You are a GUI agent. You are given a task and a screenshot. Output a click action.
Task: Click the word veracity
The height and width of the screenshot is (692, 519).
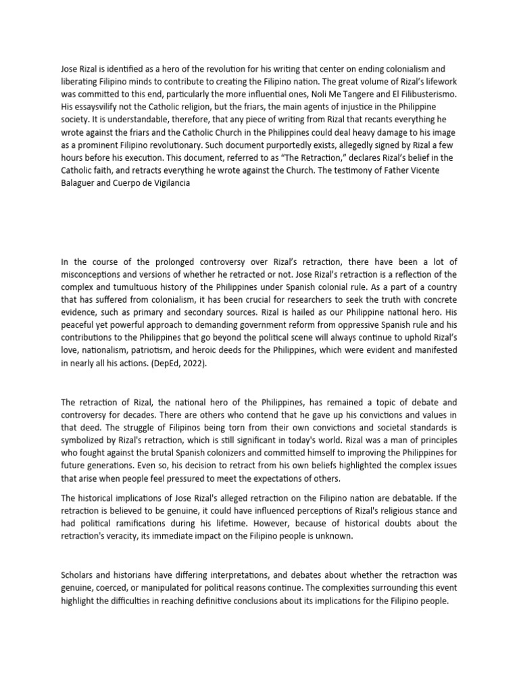pyautogui.click(x=133, y=537)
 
